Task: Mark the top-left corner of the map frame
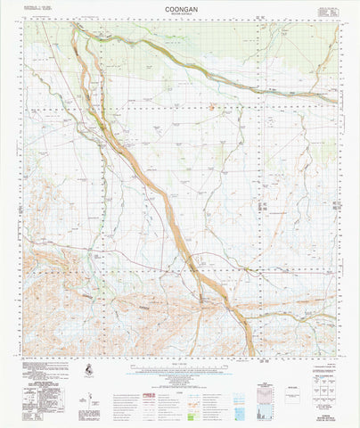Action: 25,23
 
